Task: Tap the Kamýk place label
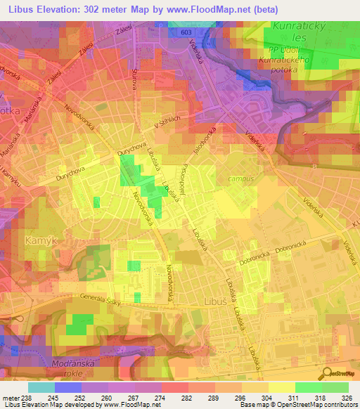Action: [39, 241]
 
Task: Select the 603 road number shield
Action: [186, 32]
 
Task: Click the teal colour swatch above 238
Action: [41, 387]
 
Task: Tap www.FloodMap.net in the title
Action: [207, 10]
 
